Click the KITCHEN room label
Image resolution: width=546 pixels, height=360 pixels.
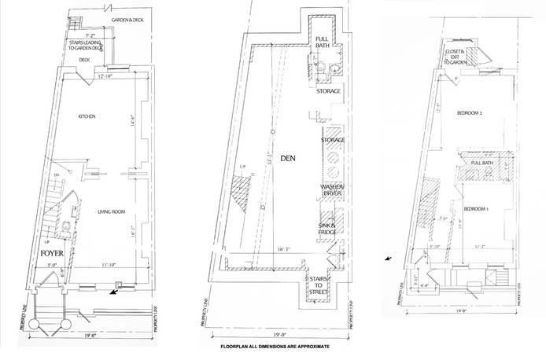(x=87, y=116)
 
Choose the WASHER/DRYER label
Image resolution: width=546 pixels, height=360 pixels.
(x=330, y=190)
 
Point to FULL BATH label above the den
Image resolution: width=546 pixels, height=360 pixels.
(x=323, y=43)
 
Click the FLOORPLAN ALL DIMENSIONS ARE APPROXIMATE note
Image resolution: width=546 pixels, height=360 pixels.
(x=274, y=346)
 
